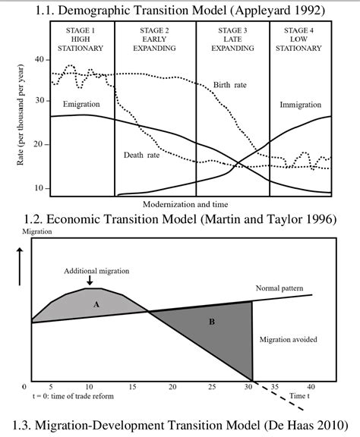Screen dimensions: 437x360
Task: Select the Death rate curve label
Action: [x=142, y=155]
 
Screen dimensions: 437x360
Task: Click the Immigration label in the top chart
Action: [x=303, y=104]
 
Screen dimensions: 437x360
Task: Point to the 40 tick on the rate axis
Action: [x=39, y=60]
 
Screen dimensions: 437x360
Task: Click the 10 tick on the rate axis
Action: [x=39, y=187]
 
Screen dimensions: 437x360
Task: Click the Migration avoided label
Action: [x=289, y=339]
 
